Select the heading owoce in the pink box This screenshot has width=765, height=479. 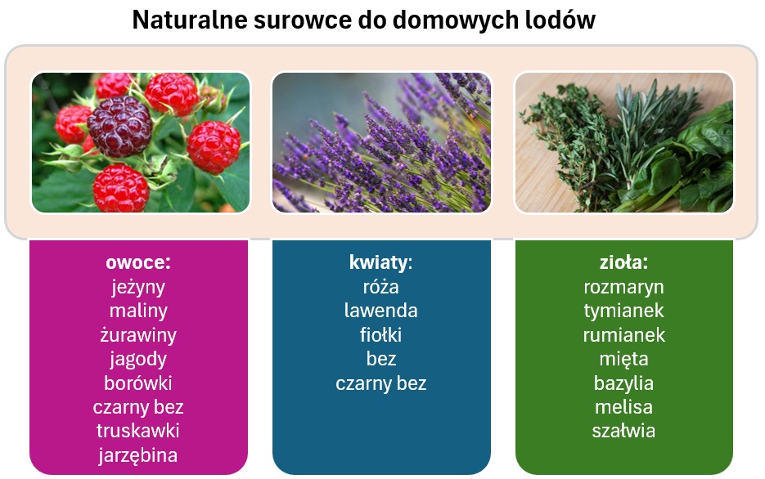pos(137,262)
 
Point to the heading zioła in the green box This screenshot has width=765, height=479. pos(623,262)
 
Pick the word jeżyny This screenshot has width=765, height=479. pos(137,287)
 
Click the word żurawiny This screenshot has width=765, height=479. pos(137,335)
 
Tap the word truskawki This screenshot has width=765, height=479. pos(137,431)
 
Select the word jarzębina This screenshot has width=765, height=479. pos(137,455)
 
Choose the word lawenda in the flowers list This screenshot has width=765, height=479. pos(380,311)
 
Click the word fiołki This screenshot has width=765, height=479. pos(380,335)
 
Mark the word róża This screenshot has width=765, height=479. pos(380,287)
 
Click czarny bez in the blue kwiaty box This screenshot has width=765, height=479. pos(380,383)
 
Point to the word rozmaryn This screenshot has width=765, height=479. pos(623,287)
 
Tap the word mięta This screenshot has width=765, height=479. pos(623,359)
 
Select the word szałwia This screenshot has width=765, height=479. pos(623,431)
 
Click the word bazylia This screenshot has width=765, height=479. pos(623,383)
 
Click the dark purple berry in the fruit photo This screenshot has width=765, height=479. pos(119,127)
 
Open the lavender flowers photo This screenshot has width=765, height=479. pos(381,142)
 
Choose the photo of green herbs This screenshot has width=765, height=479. pos(623,142)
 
